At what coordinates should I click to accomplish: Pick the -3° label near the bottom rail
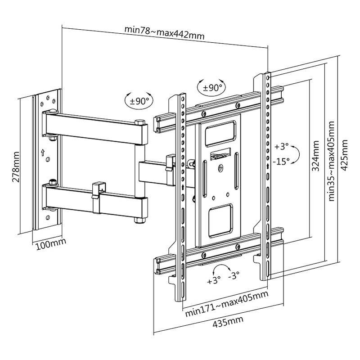click(x=234, y=275)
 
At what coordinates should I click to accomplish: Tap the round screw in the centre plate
click(x=220, y=169)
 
